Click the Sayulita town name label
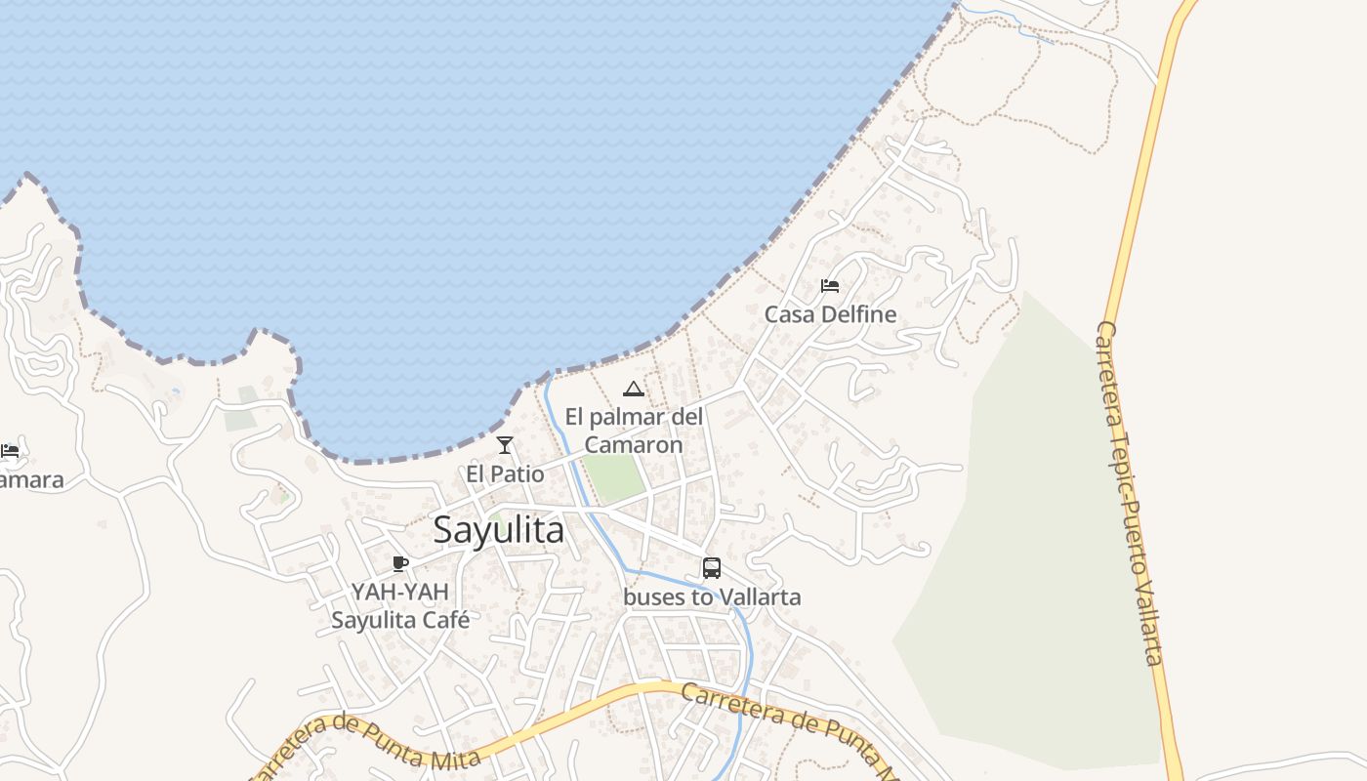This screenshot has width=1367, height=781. coord(498,530)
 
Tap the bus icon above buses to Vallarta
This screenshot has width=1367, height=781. coord(712,568)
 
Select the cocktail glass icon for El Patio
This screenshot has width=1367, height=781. coord(505,445)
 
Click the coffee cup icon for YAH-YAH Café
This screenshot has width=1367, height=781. coord(399,563)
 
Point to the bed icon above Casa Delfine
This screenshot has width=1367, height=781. coord(830,286)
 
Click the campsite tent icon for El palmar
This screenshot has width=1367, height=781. coord(634,390)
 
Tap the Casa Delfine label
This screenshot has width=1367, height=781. coord(830,314)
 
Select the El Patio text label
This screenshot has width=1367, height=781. coord(505,474)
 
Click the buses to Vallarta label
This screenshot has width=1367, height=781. coord(712,596)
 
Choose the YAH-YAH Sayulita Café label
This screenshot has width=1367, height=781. coord(400,605)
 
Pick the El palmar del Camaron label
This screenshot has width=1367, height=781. coord(634,431)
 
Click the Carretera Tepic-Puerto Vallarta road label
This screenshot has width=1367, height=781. coord(1130,493)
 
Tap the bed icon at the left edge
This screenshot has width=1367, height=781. coord(10,451)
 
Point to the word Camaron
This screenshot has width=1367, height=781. coord(634,445)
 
